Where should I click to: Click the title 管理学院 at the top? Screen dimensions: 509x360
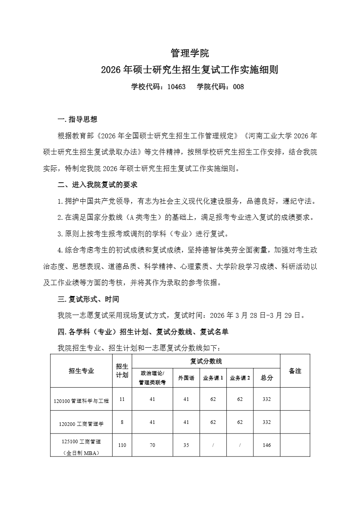190,53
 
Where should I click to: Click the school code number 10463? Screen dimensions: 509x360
176,86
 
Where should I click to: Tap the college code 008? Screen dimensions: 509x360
239,86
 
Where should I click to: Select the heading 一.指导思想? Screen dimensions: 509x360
77,119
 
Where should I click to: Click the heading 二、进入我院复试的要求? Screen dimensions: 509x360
98,185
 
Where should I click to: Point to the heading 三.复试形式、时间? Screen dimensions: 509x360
88,299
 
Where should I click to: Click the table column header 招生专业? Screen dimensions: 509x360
82,371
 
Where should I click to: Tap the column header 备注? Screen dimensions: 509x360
295,371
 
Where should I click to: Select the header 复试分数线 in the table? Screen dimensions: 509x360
206,361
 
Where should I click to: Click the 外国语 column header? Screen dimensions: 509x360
186,378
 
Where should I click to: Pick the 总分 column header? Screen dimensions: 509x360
267,378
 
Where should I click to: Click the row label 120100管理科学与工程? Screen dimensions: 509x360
82,401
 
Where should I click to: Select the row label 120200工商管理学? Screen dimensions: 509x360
82,424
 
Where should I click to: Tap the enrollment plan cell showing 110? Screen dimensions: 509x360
122,445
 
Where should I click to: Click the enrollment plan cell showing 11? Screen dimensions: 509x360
122,399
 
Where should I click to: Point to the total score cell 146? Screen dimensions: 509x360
267,445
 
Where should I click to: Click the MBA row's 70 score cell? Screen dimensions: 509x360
152,445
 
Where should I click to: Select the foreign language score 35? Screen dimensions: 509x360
186,445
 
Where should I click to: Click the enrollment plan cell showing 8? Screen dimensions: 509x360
122,422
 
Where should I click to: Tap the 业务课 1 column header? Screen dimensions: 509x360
213,378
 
